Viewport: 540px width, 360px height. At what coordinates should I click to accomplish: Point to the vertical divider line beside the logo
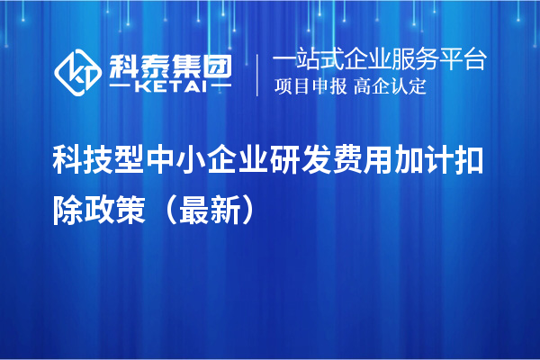pyautogui.click(x=260, y=75)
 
